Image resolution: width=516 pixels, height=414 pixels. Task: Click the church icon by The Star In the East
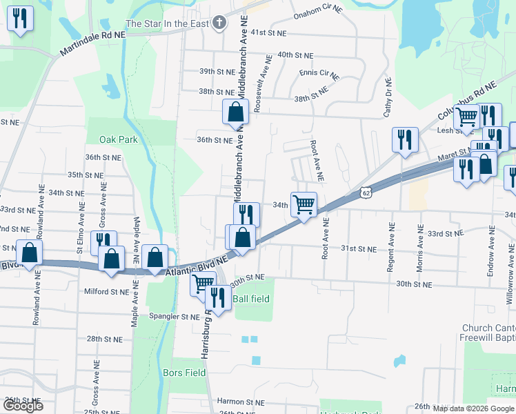(220, 23)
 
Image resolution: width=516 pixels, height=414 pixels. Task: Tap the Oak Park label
(118, 139)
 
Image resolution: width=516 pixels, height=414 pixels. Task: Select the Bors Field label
(184, 373)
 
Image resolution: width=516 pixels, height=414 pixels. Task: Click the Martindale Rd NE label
(93, 43)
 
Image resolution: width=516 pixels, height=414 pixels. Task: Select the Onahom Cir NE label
(318, 12)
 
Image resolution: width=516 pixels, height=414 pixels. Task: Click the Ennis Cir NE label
(319, 72)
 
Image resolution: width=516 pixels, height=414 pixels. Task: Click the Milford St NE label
(107, 292)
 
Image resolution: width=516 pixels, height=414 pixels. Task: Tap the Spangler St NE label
(175, 317)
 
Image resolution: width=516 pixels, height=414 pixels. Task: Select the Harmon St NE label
(240, 402)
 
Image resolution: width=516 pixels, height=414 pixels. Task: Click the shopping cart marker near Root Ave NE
(304, 205)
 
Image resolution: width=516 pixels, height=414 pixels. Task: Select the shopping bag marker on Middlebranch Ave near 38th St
(235, 112)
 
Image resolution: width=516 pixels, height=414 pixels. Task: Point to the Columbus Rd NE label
(466, 101)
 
